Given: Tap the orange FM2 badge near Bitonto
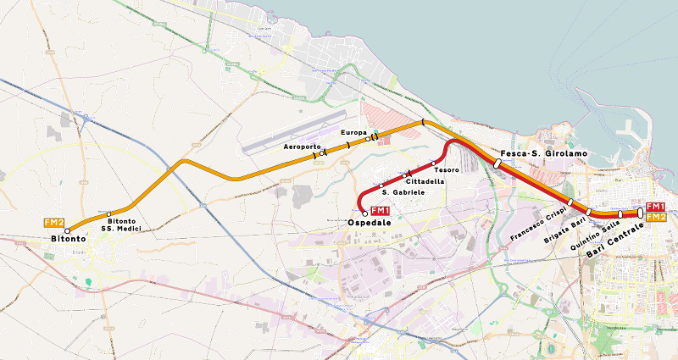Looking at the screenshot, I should pyautogui.click(x=54, y=223).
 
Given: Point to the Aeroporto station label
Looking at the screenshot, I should pyautogui.click(x=302, y=147).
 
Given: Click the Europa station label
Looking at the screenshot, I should pyautogui.click(x=353, y=133).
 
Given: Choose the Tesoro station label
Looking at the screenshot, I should pyautogui.click(x=447, y=170).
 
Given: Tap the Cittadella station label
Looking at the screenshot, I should pyautogui.click(x=425, y=182).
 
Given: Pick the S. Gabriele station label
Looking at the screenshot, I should pyautogui.click(x=403, y=193).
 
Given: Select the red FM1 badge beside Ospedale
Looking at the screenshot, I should pyautogui.click(x=381, y=211).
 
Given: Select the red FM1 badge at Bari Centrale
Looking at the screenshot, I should pyautogui.click(x=655, y=207).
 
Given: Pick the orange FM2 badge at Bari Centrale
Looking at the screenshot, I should pyautogui.click(x=655, y=217).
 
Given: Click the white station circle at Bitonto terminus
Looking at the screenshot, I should pyautogui.click(x=68, y=230).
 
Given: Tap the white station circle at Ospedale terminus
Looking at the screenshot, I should pyautogui.click(x=364, y=213).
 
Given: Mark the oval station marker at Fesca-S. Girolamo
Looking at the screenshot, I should pyautogui.click(x=497, y=163).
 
